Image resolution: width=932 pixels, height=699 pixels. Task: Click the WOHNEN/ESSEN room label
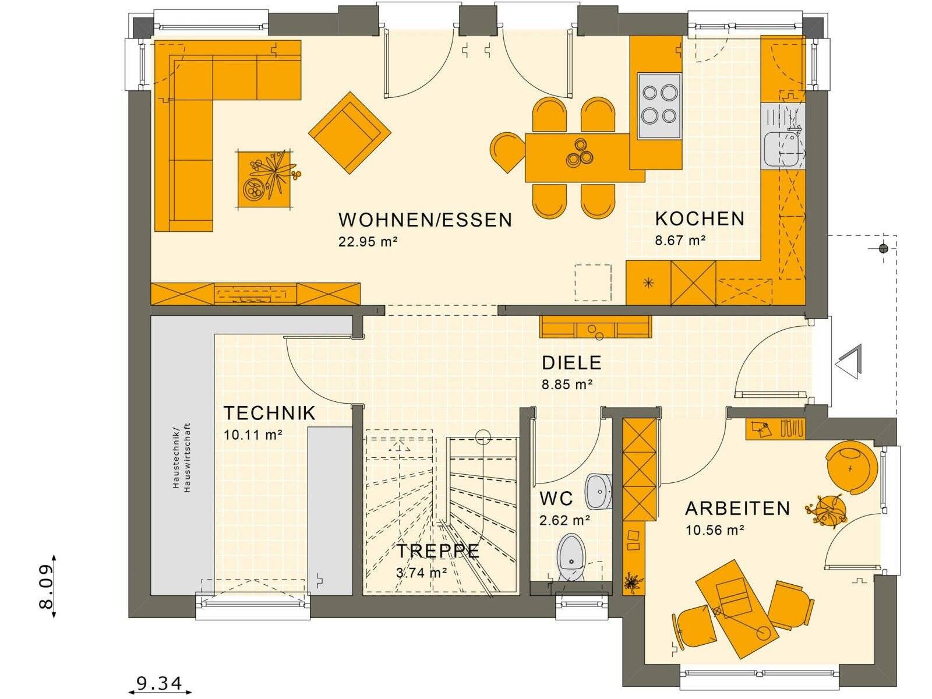tap(425, 220)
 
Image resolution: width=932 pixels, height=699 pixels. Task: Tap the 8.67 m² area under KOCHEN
tap(680, 240)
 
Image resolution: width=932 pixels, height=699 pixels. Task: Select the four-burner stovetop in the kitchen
tap(659, 105)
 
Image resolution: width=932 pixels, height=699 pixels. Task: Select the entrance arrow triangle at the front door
tap(849, 362)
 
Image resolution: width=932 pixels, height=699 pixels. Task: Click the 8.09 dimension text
tap(46, 585)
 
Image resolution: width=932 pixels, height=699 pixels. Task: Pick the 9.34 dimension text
tap(159, 683)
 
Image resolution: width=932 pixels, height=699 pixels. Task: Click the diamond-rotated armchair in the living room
tap(349, 133)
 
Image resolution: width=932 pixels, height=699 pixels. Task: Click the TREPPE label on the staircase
tap(438, 551)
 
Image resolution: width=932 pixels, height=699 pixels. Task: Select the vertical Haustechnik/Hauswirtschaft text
tap(181, 458)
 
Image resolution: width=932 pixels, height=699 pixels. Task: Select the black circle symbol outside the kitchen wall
tap(883, 249)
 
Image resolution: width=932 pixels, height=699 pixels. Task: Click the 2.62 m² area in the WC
tap(564, 520)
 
